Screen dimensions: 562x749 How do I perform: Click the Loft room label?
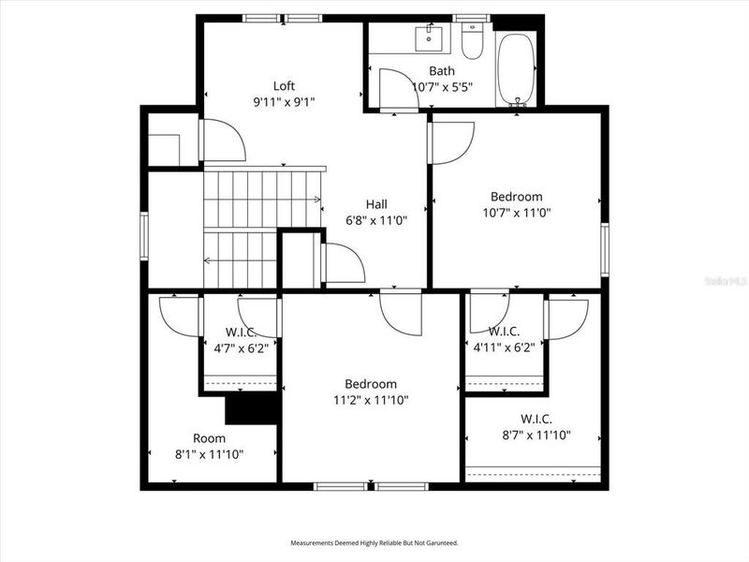284,85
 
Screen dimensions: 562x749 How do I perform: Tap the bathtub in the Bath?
516,68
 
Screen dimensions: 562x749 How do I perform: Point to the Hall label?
376,204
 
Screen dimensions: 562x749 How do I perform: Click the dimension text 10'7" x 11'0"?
516,213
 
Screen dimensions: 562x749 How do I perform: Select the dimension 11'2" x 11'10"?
371,400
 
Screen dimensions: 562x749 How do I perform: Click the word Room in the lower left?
209,438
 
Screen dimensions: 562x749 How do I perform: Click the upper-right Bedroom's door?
450,141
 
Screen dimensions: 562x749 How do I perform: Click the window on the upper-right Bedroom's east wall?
605,250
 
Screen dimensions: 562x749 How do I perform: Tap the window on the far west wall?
144,235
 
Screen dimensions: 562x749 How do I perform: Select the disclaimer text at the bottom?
374,542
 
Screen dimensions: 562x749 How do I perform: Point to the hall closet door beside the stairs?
342,263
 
